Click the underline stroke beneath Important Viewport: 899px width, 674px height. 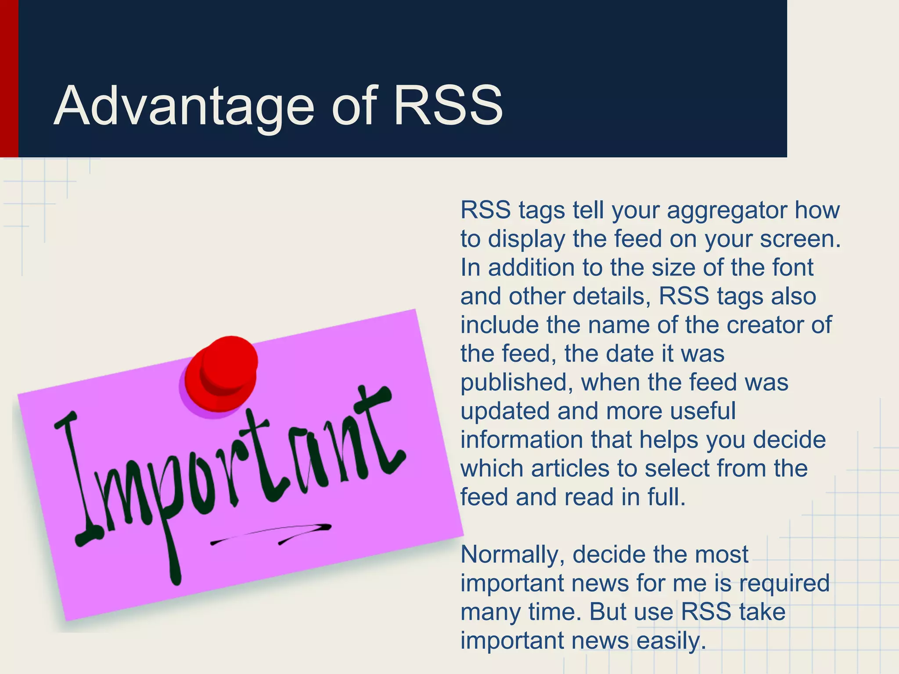(272, 533)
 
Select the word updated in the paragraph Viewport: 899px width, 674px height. (505, 412)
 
